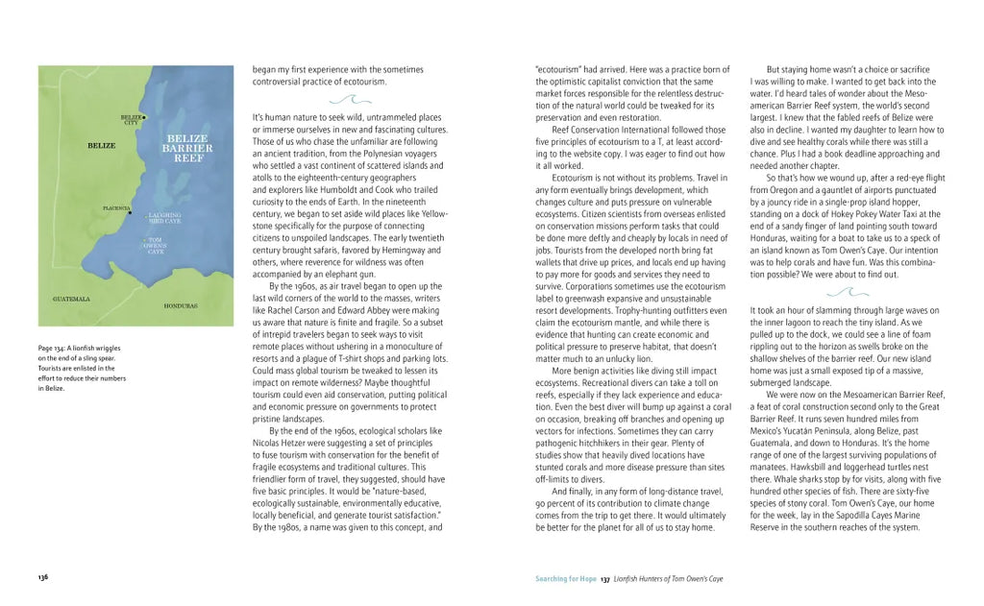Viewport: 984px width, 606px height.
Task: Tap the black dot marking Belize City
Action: pyautogui.click(x=144, y=117)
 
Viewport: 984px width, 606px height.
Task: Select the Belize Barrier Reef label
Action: pyautogui.click(x=187, y=148)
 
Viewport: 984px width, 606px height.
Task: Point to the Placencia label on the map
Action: pyautogui.click(x=116, y=207)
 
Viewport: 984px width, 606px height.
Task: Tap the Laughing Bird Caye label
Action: pyautogui.click(x=164, y=218)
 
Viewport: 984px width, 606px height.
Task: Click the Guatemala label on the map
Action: pyautogui.click(x=71, y=299)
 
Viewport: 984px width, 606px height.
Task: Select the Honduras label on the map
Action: pyautogui.click(x=181, y=305)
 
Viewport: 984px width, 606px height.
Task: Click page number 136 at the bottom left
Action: pyautogui.click(x=43, y=577)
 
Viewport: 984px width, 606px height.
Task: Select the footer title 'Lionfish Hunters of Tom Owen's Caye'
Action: pyautogui.click(x=669, y=579)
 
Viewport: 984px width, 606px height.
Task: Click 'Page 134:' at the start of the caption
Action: pyautogui.click(x=53, y=348)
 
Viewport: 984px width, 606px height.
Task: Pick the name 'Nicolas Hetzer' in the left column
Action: pyautogui.click(x=281, y=443)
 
